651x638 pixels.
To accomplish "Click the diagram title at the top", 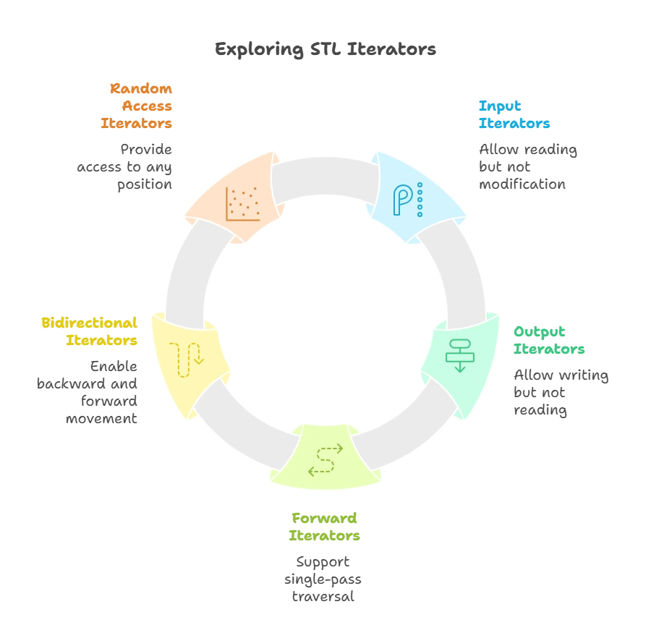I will pos(326,49).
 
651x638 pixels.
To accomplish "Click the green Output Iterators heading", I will pos(548,340).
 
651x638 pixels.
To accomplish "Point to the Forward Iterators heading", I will pos(325,527).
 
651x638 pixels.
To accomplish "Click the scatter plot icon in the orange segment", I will pos(242,203).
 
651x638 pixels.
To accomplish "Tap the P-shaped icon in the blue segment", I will pos(407,200).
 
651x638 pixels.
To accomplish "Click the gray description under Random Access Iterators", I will pos(127,167).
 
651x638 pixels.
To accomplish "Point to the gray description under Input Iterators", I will pos(526,167).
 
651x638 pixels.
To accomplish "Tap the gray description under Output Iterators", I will pos(561,394).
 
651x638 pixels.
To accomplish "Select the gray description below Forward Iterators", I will pos(325,579).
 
